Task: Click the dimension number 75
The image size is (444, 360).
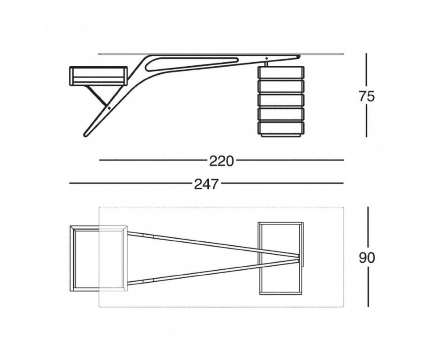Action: pos(367,96)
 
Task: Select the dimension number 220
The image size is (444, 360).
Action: pos(222,161)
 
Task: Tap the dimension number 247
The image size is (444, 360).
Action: pos(206,184)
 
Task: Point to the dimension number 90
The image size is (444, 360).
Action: pos(367,258)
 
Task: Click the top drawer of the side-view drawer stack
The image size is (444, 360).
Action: pos(281,72)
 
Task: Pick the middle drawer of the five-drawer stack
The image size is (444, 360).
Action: pos(281,100)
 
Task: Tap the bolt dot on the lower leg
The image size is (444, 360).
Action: pos(109,108)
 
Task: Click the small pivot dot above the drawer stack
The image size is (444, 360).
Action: pos(266,58)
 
